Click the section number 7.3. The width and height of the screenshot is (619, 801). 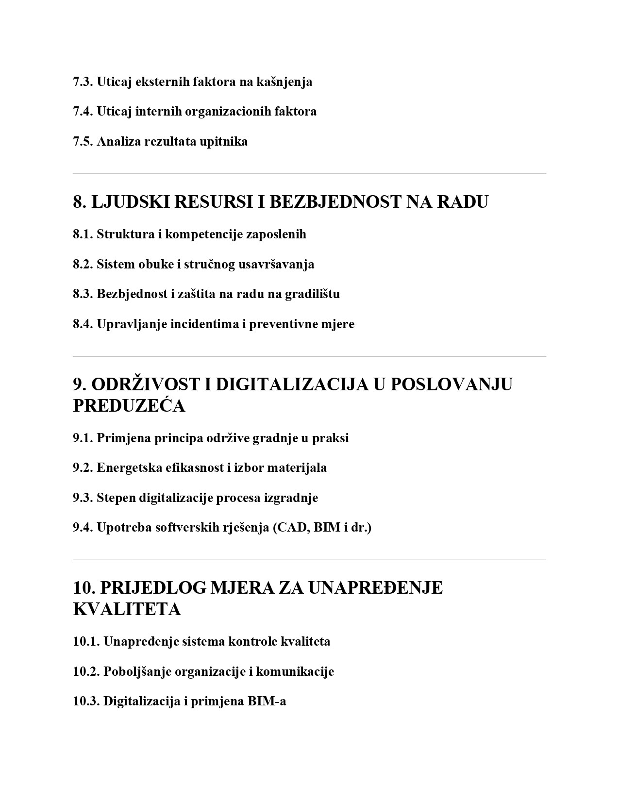pos(83,82)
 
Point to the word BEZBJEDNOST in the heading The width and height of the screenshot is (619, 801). pos(335,201)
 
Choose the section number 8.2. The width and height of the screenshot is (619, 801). pos(83,265)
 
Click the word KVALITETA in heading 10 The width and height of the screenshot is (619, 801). pos(127,609)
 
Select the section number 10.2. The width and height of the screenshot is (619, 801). pos(86,672)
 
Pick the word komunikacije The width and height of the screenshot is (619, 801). pos(295,672)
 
